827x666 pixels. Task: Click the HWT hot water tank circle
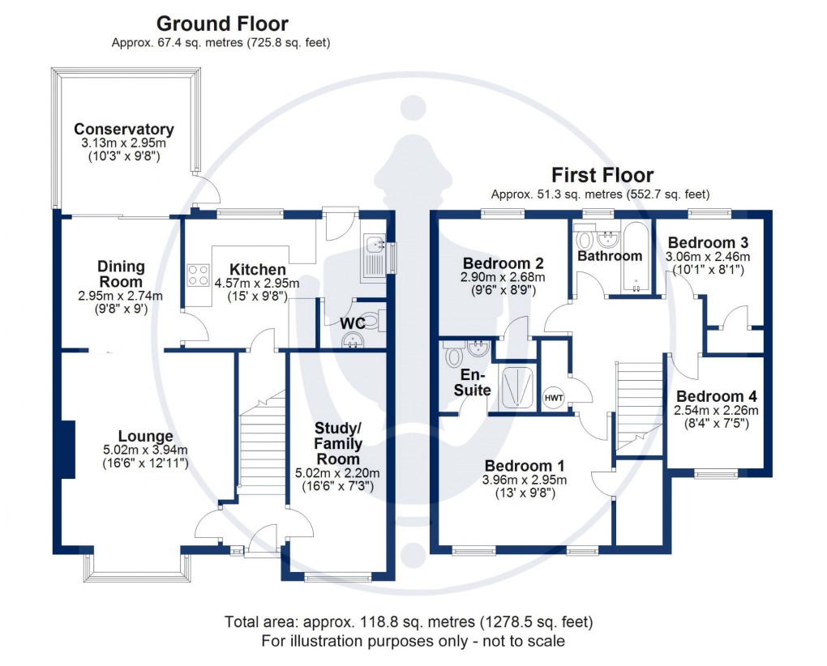(554, 397)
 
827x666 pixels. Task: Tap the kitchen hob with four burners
(199, 276)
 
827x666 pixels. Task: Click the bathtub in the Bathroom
(635, 257)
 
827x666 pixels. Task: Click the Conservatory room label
(124, 130)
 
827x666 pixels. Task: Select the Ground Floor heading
(221, 24)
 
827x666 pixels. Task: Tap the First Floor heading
(602, 175)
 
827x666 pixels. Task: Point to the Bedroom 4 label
(717, 396)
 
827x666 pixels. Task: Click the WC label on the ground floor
(352, 323)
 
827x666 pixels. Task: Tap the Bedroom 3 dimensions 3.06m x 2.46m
(708, 257)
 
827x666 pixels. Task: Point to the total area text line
(409, 622)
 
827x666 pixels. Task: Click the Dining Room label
(121, 273)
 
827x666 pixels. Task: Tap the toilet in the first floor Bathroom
(583, 241)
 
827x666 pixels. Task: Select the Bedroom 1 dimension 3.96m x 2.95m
(524, 480)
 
